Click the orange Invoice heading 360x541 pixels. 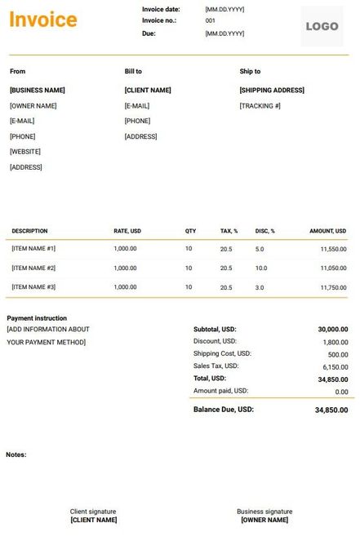(42, 20)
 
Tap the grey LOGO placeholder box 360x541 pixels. (322, 27)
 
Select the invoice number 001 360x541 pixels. (211, 20)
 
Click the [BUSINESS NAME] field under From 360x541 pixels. (38, 91)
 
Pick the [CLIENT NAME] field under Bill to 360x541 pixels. (148, 91)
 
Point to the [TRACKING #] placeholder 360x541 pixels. (260, 106)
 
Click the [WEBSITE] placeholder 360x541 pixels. (25, 152)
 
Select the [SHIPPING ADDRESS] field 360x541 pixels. (272, 91)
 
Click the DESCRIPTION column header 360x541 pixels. (29, 231)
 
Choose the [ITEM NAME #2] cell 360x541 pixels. (33, 268)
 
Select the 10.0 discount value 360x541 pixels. (261, 268)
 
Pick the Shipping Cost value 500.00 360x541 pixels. (338, 354)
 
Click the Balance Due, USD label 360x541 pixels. (223, 409)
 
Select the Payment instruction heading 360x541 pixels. (37, 318)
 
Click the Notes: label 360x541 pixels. (16, 455)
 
